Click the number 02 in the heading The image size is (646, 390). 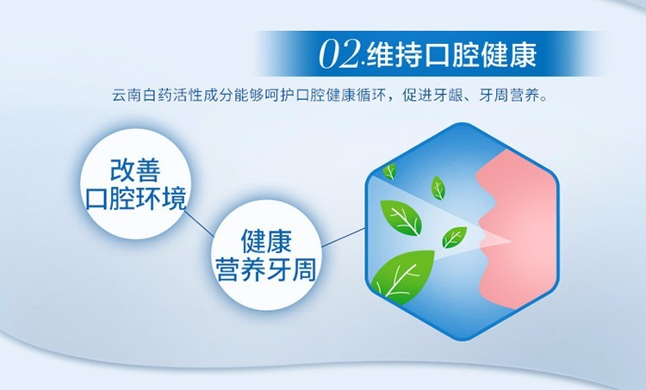(340, 55)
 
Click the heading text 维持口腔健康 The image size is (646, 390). (451, 55)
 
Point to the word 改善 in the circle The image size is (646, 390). (135, 170)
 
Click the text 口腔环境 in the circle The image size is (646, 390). (135, 198)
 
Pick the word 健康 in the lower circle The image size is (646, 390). (266, 241)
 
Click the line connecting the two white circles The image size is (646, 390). (200, 225)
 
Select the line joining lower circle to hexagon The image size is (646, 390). (343, 238)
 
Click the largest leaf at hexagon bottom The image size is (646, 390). (403, 276)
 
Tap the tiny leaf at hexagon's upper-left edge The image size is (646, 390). (389, 171)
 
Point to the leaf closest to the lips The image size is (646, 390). (454, 238)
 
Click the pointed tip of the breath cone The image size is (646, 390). (512, 241)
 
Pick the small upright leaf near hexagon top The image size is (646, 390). (438, 188)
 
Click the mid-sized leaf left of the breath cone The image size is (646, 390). (401, 218)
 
